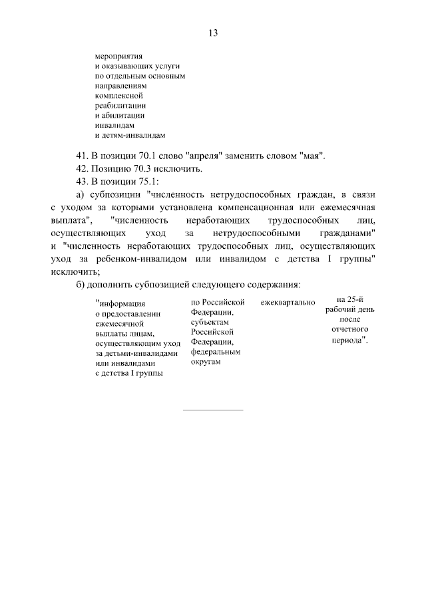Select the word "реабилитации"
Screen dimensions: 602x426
[120, 105]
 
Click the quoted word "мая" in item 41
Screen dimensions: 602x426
[313, 156]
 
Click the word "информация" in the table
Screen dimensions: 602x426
[121, 305]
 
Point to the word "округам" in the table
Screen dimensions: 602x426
[206, 361]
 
